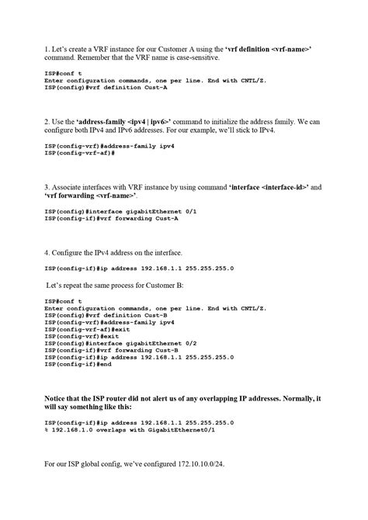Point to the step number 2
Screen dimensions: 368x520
click(x=47, y=122)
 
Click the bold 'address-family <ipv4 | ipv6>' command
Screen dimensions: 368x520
click(x=124, y=122)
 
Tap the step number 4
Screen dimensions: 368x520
click(x=47, y=252)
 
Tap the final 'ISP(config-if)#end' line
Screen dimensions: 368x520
click(x=78, y=363)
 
